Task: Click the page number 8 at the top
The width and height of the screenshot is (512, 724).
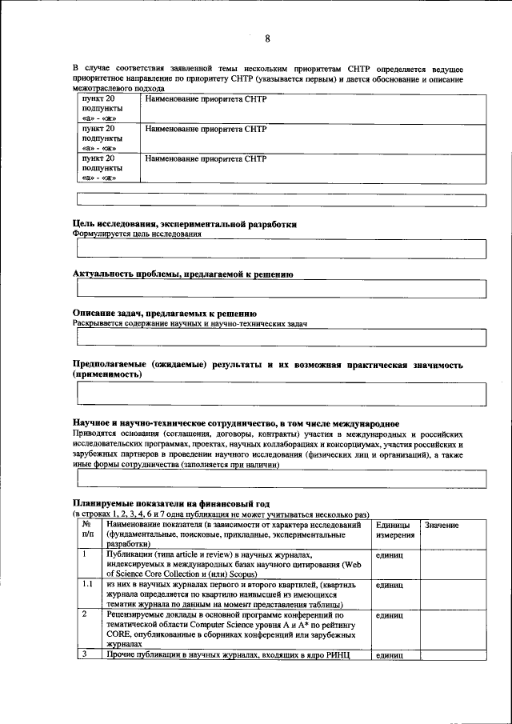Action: click(x=267, y=38)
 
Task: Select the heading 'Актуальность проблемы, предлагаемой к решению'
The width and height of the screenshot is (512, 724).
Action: click(x=182, y=274)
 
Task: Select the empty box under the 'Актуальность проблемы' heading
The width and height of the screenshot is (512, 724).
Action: click(x=280, y=289)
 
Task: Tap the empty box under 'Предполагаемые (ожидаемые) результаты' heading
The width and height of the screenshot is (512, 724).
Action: click(x=280, y=394)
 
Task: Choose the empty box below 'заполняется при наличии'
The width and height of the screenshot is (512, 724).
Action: click(x=280, y=478)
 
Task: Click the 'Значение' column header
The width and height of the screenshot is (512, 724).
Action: click(x=442, y=525)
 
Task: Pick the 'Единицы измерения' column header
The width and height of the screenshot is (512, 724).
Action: click(x=393, y=530)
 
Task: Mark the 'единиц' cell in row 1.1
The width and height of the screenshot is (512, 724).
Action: click(x=390, y=585)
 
